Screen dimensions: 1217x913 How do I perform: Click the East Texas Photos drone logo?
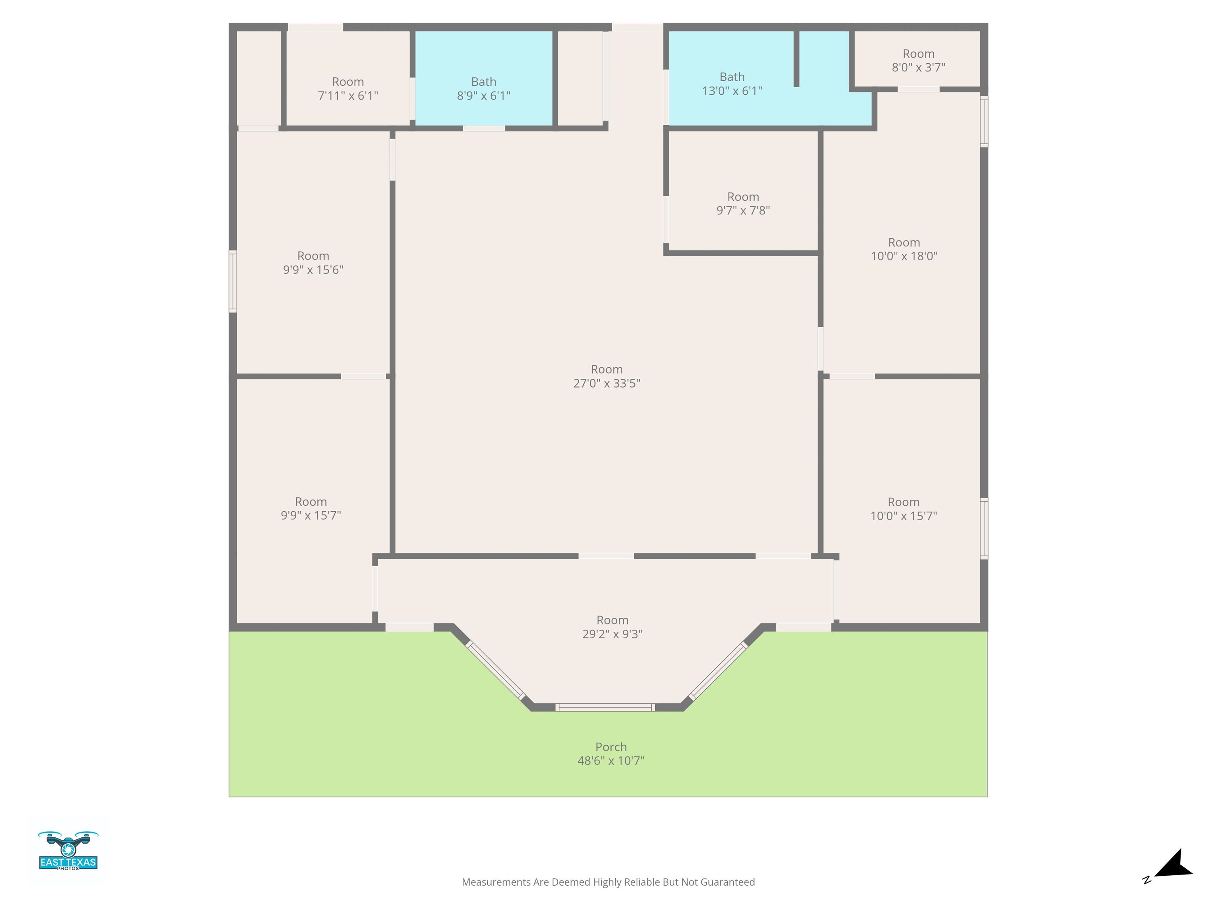pos(68,851)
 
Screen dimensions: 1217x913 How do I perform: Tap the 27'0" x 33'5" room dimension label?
pos(607,383)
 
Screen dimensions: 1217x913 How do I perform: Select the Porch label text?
pos(611,747)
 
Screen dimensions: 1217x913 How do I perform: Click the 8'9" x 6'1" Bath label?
pos(484,89)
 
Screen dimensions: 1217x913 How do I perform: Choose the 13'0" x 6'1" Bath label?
pos(732,84)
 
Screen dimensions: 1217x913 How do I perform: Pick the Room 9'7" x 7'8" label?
pos(743,204)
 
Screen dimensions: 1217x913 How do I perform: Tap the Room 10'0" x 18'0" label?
pos(904,249)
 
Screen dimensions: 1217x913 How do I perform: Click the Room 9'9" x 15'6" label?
pos(313,262)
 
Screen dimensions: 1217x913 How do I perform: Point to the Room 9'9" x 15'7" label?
pos(311,508)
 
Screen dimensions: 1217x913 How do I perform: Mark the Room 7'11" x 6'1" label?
pos(348,89)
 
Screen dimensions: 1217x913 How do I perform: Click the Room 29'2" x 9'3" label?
pos(612,627)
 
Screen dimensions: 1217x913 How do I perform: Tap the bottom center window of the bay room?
pos(605,707)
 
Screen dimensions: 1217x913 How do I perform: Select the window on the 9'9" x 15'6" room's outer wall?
pos(233,281)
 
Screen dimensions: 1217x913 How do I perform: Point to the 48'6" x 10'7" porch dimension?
pos(611,760)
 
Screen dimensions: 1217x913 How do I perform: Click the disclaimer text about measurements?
pos(608,882)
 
